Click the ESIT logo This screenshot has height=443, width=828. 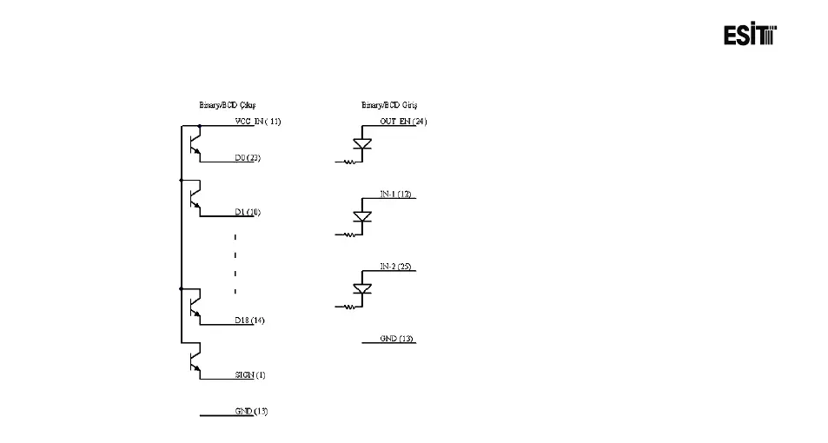click(x=750, y=35)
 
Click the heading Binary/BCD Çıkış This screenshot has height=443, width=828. click(x=228, y=105)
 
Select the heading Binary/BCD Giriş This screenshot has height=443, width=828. click(x=390, y=105)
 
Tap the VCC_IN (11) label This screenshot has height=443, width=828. click(x=257, y=122)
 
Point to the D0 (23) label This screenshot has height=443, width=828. click(x=248, y=158)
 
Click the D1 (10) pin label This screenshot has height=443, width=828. click(x=248, y=212)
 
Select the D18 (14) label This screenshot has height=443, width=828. click(x=249, y=321)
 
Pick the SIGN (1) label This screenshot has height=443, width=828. click(x=249, y=375)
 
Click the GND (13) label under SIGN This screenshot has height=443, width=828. click(x=251, y=411)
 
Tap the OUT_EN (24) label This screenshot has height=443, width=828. click(x=403, y=122)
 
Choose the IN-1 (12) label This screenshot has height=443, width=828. click(x=395, y=194)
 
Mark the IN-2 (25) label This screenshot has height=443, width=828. click(x=395, y=266)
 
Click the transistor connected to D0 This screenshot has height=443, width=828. click(x=195, y=142)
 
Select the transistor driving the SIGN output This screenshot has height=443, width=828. click(x=195, y=360)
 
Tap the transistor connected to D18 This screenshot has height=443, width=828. click(x=195, y=305)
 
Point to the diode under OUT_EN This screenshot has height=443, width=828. click(x=363, y=144)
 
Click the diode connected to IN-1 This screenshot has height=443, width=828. click(x=363, y=216)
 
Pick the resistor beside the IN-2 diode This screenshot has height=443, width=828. click(x=350, y=307)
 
